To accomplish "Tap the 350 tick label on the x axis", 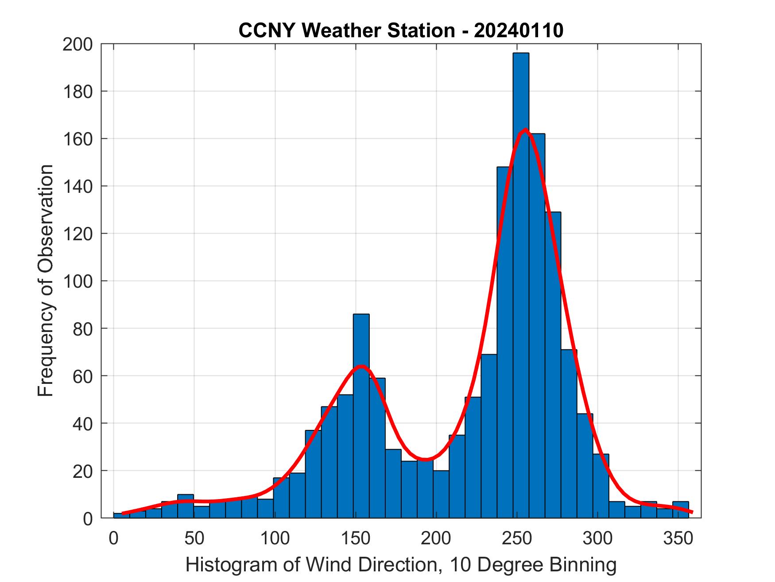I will (x=678, y=539).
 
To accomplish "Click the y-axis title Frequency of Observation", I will (x=46, y=281).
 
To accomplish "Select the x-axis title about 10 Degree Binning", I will (x=401, y=565).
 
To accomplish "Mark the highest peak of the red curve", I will (x=525, y=129).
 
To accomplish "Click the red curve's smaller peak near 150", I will (x=362, y=366).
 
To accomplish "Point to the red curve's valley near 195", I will (x=425, y=460).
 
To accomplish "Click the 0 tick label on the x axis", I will (x=114, y=539).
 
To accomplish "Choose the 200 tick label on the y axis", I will (x=78, y=44).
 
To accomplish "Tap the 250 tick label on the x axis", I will (x=516, y=539).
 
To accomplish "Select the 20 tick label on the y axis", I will (x=83, y=471).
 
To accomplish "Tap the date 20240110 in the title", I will (x=519, y=31).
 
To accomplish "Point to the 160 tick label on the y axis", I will (x=78, y=139).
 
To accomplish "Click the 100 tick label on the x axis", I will (x=275, y=539).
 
